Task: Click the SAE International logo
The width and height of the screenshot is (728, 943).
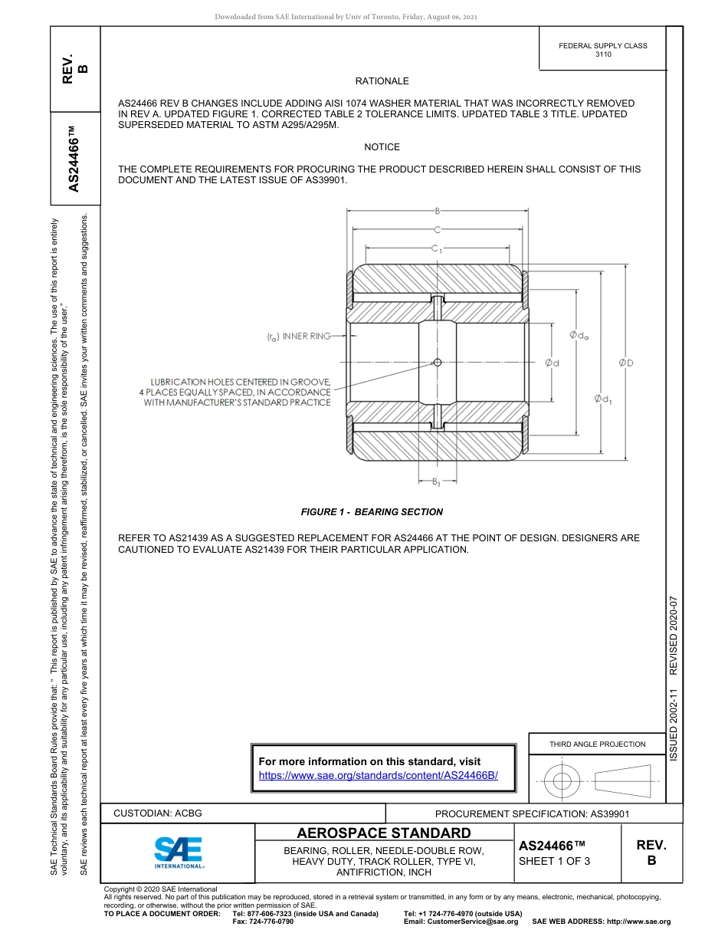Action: tap(179, 851)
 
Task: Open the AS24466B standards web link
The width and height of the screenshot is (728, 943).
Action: tap(379, 775)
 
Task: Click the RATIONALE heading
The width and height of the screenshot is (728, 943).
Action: tap(382, 81)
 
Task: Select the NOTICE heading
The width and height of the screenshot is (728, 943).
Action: tap(382, 147)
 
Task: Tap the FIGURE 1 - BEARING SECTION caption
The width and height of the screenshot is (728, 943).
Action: tap(372, 512)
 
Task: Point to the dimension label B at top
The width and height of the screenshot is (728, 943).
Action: tap(437, 211)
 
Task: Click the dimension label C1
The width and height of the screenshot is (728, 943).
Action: tap(436, 248)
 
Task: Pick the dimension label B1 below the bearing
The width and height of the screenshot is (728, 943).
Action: tap(436, 482)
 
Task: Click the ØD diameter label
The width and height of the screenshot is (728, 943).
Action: tap(626, 363)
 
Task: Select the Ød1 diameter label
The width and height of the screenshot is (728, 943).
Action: tap(603, 399)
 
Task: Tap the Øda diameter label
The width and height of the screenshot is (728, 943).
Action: tap(579, 335)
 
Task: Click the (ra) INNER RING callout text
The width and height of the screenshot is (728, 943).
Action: tap(298, 337)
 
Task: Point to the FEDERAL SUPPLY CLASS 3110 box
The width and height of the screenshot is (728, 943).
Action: tap(602, 50)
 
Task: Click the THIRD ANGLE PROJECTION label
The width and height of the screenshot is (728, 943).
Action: tap(597, 744)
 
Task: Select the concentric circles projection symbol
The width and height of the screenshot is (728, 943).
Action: tap(562, 781)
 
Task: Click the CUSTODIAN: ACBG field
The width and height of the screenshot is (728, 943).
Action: tap(158, 813)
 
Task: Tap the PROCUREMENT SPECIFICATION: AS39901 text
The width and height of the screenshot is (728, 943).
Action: tap(532, 814)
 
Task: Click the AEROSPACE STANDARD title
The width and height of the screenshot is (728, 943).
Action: tap(384, 833)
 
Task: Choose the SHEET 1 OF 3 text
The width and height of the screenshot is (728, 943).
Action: tap(554, 861)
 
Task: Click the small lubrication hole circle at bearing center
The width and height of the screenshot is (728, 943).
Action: tap(437, 363)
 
